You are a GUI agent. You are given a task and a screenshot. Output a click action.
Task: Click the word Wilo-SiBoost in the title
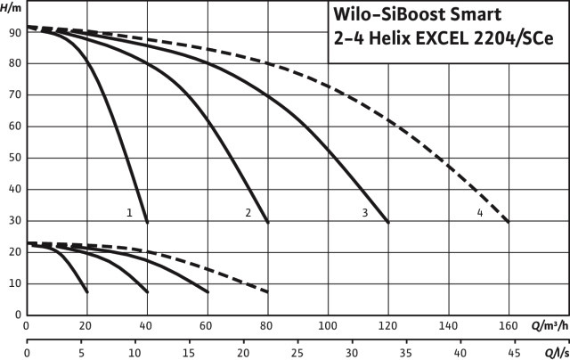coord(384,14)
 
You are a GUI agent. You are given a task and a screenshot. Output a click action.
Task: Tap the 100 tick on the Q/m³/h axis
coord(328,326)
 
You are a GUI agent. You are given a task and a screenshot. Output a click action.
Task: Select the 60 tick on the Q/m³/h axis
coord(208,326)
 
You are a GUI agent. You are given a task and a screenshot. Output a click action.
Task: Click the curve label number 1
coord(130,213)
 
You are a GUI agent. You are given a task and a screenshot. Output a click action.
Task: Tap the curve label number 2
coord(248,213)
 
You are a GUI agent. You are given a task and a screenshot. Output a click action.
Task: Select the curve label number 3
coord(365,213)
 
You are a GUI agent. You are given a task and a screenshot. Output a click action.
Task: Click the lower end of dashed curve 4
coord(509,222)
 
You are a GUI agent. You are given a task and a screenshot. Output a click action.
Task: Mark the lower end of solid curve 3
coord(388,222)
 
